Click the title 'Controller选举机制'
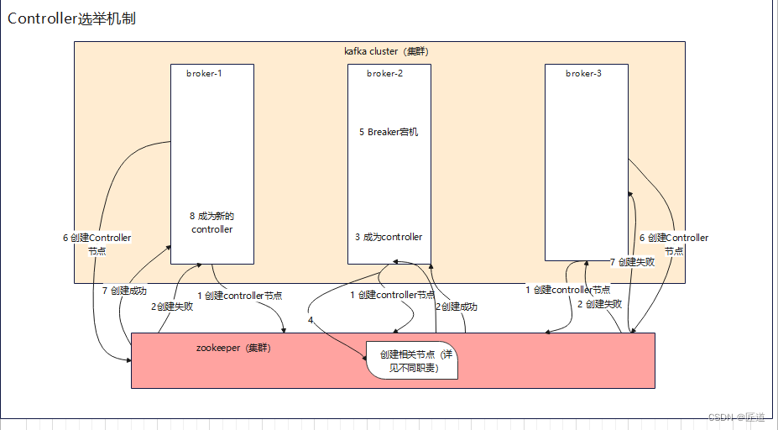pos(71,18)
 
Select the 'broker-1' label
pos(204,73)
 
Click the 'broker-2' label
pos(384,73)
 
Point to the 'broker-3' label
pos(583,73)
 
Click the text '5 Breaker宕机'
pos(388,132)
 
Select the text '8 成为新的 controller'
pos(211,223)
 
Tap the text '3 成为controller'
pos(388,237)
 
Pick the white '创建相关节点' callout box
pos(412,361)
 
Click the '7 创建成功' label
pos(124,291)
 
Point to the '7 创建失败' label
pos(632,261)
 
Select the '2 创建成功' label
pos(457,307)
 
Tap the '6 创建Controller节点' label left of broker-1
pos(97,244)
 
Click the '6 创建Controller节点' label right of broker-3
pos(673,244)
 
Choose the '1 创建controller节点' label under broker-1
pos(239,295)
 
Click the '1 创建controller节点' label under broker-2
pos(392,295)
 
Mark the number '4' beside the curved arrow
pos(311,320)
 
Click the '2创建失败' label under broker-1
pos(172,307)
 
